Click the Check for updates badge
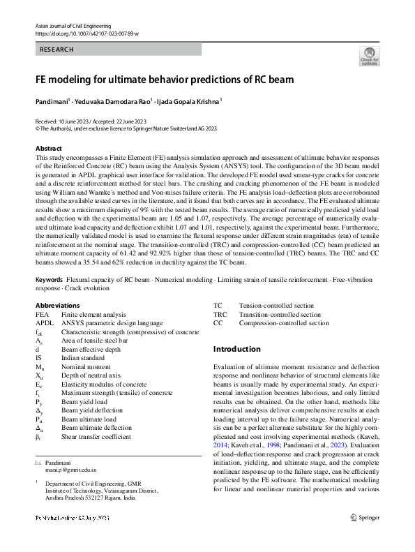[369, 57]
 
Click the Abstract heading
[48, 149]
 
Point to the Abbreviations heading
[57, 306]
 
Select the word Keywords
[49, 280]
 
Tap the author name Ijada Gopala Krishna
[190, 101]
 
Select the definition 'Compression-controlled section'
[283, 324]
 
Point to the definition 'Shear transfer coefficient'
[96, 437]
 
